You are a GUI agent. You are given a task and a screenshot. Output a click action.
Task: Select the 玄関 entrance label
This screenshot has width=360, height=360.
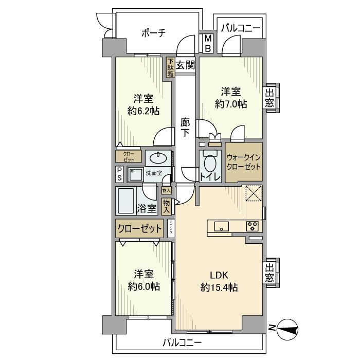pyautogui.click(x=185, y=65)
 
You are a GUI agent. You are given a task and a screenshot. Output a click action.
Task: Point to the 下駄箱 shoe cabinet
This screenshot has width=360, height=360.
pyautogui.click(x=170, y=67)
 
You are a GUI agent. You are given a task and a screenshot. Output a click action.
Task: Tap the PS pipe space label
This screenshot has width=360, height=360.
pyautogui.click(x=119, y=174)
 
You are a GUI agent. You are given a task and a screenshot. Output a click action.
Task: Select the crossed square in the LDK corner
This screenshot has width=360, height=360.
pyautogui.click(x=254, y=194)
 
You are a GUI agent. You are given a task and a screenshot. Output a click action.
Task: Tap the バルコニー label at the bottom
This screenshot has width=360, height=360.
pyautogui.click(x=183, y=342)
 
